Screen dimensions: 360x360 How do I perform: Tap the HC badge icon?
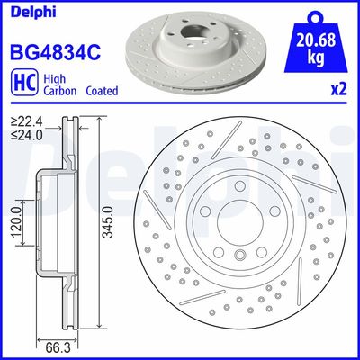click(22, 84)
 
